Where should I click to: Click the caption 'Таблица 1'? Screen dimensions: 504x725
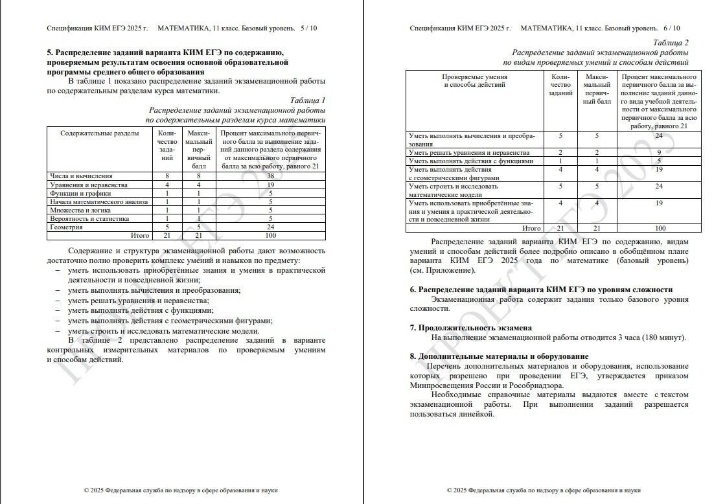point(307,100)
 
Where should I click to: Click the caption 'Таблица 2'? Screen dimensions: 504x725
point(671,43)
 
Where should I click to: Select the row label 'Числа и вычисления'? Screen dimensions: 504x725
point(82,176)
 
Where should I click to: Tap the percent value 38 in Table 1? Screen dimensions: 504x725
point(270,176)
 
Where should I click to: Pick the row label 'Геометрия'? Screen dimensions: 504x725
point(67,227)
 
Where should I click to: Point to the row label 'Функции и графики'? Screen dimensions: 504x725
point(80,193)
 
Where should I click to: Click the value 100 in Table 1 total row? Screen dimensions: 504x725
point(270,236)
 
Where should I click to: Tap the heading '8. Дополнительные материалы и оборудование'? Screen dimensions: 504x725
point(499,356)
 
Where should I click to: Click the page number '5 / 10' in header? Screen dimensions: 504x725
point(309,29)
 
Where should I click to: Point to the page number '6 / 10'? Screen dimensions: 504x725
point(672,29)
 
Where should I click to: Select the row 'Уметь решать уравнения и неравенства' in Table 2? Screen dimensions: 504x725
point(469,152)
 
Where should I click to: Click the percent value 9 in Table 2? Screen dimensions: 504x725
point(658,152)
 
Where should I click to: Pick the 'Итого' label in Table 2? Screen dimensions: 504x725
point(531,228)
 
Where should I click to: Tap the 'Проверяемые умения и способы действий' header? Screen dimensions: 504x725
point(474,80)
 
